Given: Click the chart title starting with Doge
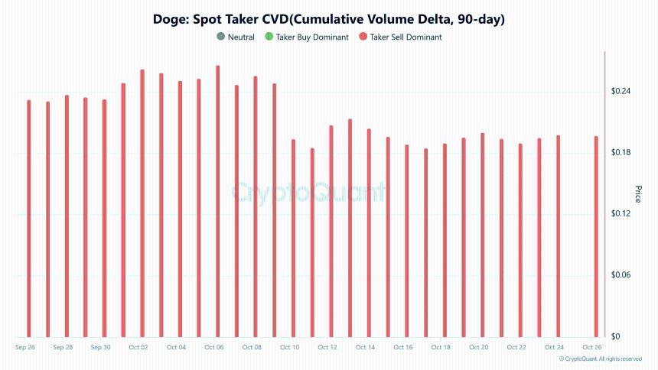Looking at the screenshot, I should coord(329,18).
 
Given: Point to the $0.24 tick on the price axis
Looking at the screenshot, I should coord(621,92).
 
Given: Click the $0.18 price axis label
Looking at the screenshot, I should coord(621,153).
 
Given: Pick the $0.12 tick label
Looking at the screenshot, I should coord(621,214).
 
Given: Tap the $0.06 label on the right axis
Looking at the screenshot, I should coord(621,275).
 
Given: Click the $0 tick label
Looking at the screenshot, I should coord(615,336).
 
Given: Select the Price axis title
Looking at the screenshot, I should coord(638,194).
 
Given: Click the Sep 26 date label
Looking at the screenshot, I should coord(25,348).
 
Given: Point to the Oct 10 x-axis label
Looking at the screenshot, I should coord(290,348).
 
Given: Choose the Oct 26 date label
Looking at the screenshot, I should coord(593,348).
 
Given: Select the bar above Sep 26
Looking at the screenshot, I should coord(29,222).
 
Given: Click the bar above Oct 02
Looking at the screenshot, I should coord(142,206).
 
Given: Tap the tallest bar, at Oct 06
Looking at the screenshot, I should coord(218,203).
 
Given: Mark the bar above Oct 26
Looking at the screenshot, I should coord(597,237).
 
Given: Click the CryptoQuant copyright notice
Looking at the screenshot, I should coord(600,359).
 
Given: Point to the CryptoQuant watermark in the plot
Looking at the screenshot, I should coord(309,191).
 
